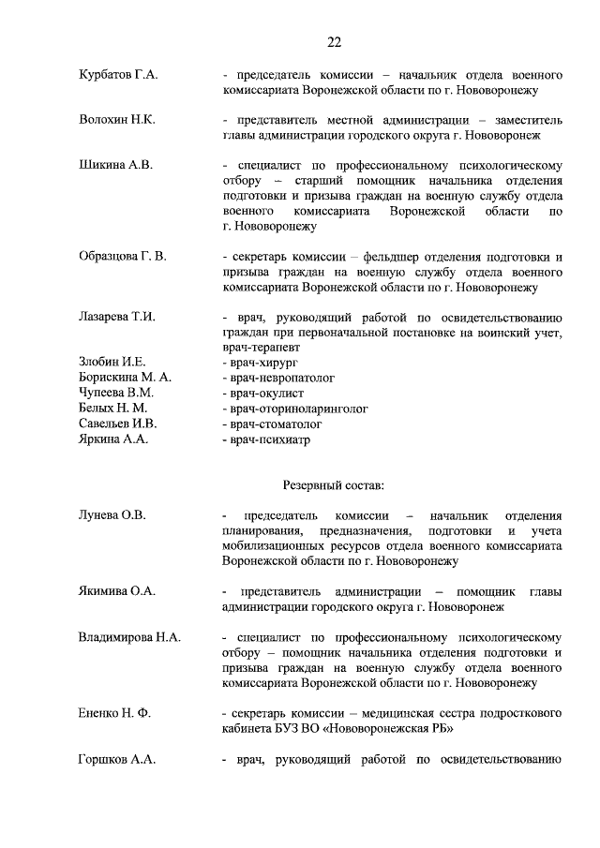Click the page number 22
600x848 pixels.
pyautogui.click(x=334, y=42)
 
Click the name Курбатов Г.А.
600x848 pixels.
pyautogui.click(x=118, y=74)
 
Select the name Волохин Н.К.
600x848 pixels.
pyautogui.click(x=117, y=120)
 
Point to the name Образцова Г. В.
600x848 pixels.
pyautogui.click(x=124, y=257)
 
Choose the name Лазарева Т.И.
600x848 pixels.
pyautogui.click(x=117, y=317)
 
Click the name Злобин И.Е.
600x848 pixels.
pyautogui.click(x=112, y=362)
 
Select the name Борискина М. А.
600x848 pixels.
pyautogui.click(x=125, y=378)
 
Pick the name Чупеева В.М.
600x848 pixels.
pyautogui.click(x=115, y=393)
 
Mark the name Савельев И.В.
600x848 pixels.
pyautogui.click(x=116, y=424)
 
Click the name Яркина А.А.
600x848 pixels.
pyautogui.click(x=112, y=439)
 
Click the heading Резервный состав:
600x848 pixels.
pyautogui.click(x=334, y=484)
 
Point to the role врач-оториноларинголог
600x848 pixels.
pyautogui.click(x=294, y=409)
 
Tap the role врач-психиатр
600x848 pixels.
pyautogui.click(x=266, y=439)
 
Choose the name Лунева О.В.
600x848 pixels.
pyautogui.click(x=112, y=515)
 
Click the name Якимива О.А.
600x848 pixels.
pyautogui.click(x=117, y=591)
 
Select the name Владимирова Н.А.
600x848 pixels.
pyautogui.click(x=129, y=637)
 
